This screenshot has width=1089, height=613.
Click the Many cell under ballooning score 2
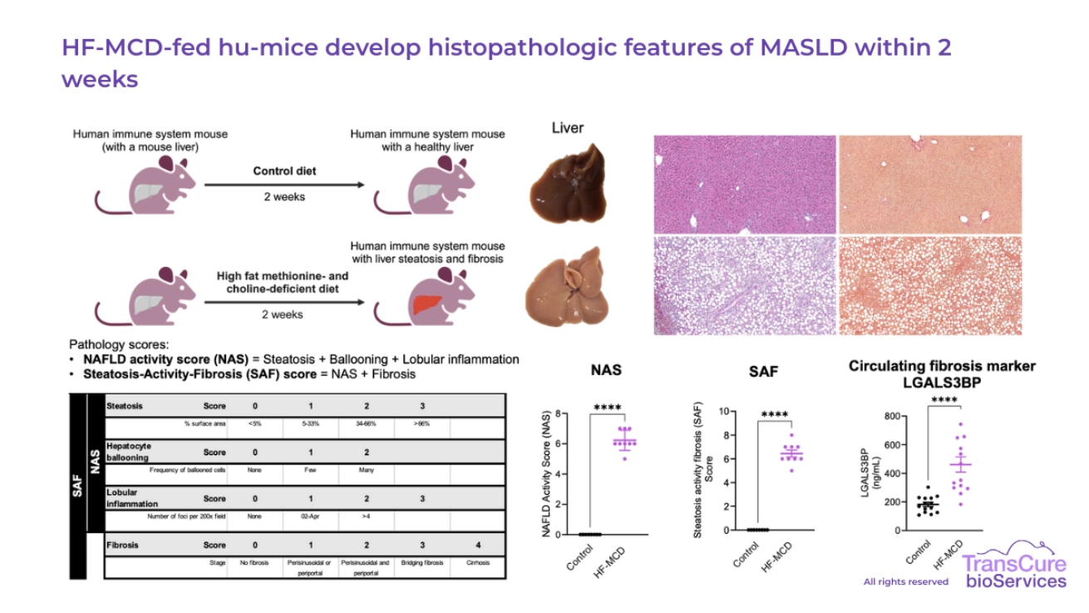point(367,470)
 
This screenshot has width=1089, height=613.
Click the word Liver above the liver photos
point(568,128)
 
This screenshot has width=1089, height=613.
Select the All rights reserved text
point(905,581)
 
